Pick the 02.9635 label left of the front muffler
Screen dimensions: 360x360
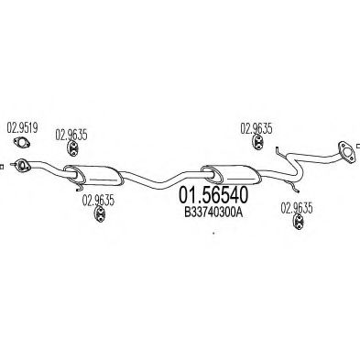point(71,136)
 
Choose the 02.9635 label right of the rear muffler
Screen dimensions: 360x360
point(256,128)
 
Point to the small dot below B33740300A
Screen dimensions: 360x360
point(213,233)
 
